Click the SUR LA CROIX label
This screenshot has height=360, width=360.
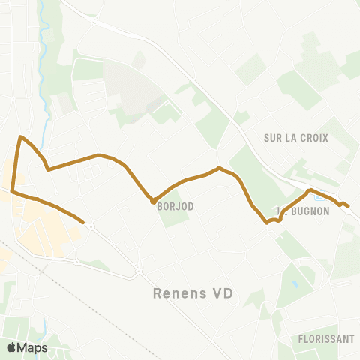pyautogui.click(x=296, y=138)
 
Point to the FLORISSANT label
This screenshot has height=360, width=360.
pyautogui.click(x=325, y=338)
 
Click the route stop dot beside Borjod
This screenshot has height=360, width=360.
pyautogui.click(x=153, y=201)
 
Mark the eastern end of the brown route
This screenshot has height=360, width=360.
pyautogui.click(x=348, y=206)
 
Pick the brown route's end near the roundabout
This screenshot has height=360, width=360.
pyautogui.click(x=82, y=222)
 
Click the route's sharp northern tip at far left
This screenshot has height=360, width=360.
pyautogui.click(x=21, y=137)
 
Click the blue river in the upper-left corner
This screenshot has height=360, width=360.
pyautogui.click(x=46, y=45)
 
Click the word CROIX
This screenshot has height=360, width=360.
pyautogui.click(x=314, y=138)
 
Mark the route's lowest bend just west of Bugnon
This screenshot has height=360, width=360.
pyautogui.click(x=267, y=222)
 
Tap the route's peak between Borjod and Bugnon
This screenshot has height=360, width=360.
pyautogui.click(x=218, y=168)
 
